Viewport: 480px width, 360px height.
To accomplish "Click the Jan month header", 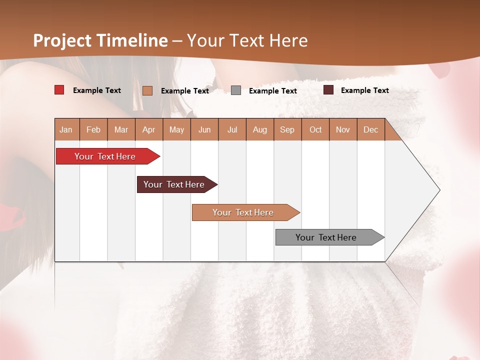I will click(x=66, y=129).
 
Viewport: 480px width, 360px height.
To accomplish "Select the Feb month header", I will click(x=93, y=129).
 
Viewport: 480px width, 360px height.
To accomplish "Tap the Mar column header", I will click(x=121, y=129).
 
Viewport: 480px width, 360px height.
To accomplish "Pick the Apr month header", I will click(x=148, y=129).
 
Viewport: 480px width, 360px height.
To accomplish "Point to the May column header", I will click(x=176, y=129).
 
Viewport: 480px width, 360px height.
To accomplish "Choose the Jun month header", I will click(x=204, y=129).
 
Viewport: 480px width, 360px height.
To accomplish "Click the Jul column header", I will click(x=232, y=129).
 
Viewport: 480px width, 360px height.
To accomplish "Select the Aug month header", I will click(x=259, y=129).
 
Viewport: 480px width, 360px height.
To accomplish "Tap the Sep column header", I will click(x=287, y=129).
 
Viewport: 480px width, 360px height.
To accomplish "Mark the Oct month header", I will click(x=315, y=129).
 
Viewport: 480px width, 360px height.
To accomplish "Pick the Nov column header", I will click(x=343, y=129).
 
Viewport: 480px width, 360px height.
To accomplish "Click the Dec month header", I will click(x=370, y=129).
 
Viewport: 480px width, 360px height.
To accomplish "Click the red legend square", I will click(x=59, y=90).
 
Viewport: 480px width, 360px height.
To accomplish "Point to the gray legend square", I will click(x=236, y=90).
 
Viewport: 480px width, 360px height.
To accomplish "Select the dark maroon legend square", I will click(x=328, y=90).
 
